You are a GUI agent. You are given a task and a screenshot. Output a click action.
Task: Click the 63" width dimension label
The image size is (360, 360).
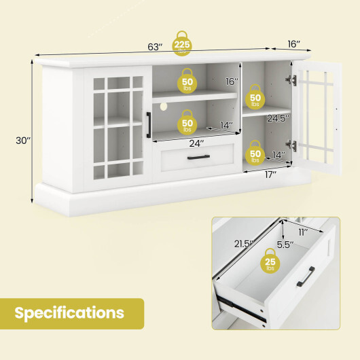pos(156,47)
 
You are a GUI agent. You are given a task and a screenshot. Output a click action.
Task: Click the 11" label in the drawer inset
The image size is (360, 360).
pos(302,231)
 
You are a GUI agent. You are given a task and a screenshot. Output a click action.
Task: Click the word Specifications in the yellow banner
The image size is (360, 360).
pos(70,313)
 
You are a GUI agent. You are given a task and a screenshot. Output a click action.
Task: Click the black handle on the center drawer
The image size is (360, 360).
pos(198,158)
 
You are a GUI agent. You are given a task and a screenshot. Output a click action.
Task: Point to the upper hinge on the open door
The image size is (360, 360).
pos(292,79)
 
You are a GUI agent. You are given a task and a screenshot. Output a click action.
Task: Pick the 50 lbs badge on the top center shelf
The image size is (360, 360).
pos(188,84)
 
